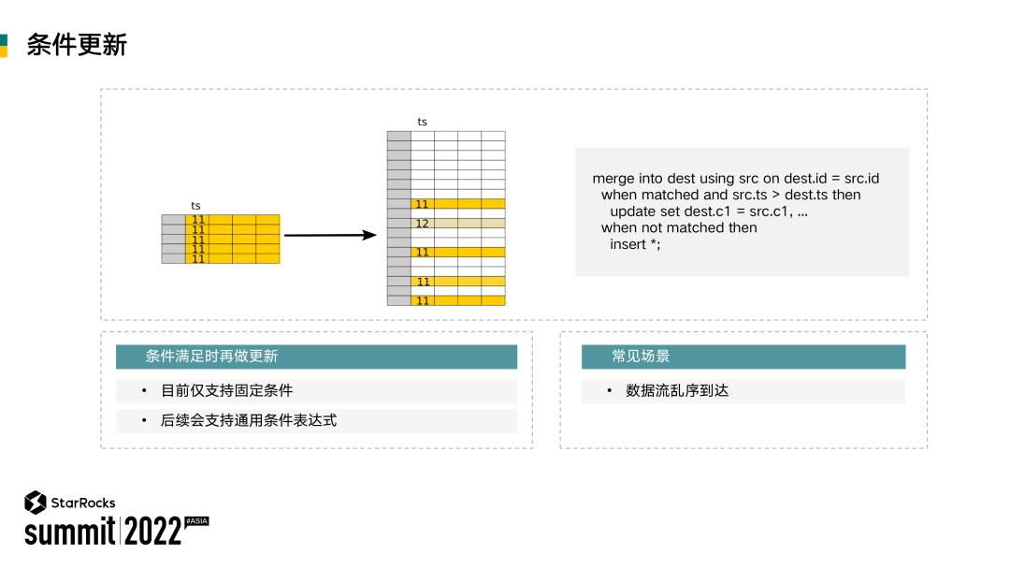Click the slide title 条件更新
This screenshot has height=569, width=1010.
click(x=77, y=45)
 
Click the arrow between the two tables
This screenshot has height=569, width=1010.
click(x=329, y=235)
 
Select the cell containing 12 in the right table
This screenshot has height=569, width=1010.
click(x=422, y=224)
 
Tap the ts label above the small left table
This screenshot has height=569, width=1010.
click(x=195, y=206)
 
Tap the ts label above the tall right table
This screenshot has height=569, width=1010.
click(x=422, y=122)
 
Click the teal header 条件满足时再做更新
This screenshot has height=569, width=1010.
click(x=211, y=357)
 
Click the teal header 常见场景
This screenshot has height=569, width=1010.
click(x=641, y=357)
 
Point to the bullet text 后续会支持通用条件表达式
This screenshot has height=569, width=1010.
click(x=249, y=420)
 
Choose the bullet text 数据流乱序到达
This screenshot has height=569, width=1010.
click(x=677, y=390)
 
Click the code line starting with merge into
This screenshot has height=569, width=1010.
click(x=735, y=178)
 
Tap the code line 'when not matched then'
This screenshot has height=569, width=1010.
click(x=679, y=227)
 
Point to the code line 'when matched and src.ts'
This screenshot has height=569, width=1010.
click(x=730, y=195)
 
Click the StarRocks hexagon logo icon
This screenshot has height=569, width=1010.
click(x=36, y=503)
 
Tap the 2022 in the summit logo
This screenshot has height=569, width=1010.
click(x=152, y=532)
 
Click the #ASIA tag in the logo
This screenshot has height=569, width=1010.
click(x=196, y=520)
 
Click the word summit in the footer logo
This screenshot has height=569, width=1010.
click(x=69, y=532)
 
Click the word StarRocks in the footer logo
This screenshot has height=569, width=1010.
click(x=83, y=503)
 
